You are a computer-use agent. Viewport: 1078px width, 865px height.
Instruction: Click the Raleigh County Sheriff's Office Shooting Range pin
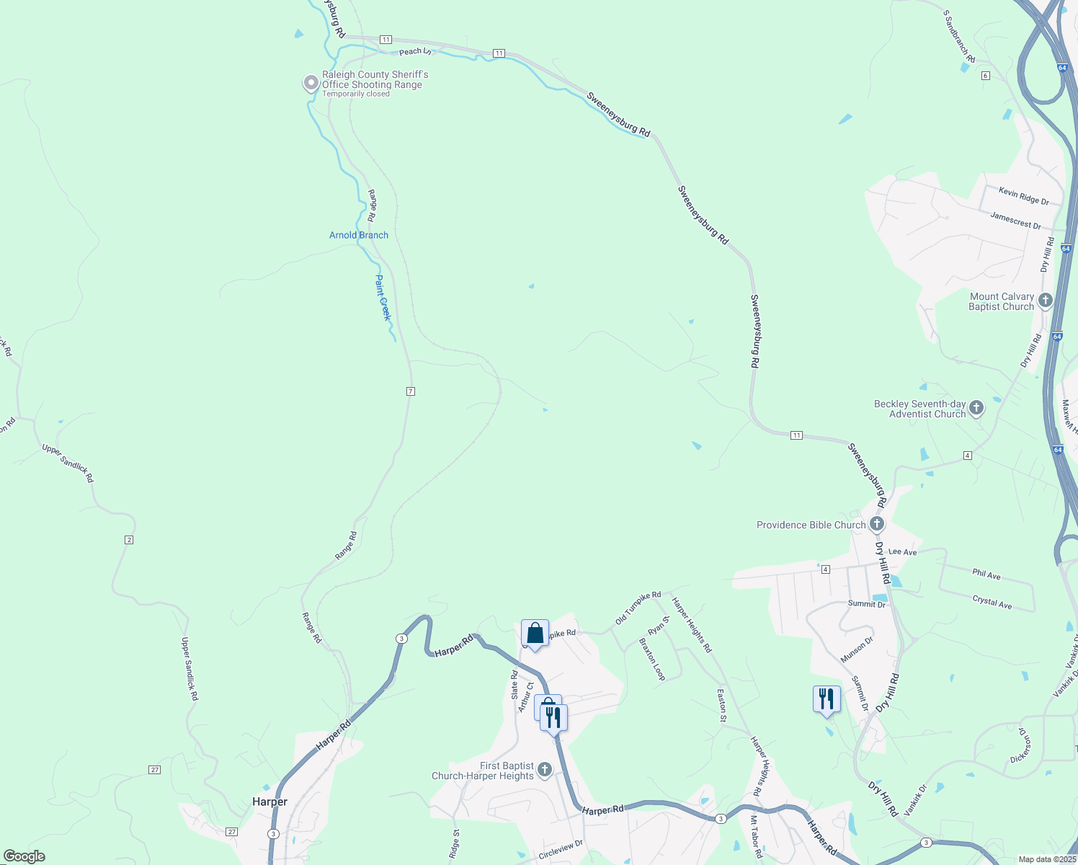pyautogui.click(x=311, y=83)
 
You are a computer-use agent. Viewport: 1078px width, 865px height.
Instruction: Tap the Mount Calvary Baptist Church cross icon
pyautogui.click(x=1046, y=300)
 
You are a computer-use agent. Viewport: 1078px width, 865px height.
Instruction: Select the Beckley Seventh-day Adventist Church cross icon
pyautogui.click(x=976, y=408)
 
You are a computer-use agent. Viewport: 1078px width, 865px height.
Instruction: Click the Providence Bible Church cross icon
pyautogui.click(x=877, y=524)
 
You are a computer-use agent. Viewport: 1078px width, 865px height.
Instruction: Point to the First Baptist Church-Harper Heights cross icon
pyautogui.click(x=545, y=770)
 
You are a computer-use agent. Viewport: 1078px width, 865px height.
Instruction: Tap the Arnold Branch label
pyautogui.click(x=359, y=235)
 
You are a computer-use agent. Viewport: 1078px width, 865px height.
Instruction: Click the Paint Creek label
pyautogui.click(x=383, y=297)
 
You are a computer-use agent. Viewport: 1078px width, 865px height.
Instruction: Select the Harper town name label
pyautogui.click(x=269, y=802)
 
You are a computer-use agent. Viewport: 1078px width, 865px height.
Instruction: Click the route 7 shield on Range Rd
pyautogui.click(x=411, y=391)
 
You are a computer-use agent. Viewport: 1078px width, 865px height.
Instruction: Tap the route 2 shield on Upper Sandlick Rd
pyautogui.click(x=129, y=540)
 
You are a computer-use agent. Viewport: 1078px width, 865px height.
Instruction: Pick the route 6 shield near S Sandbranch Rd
pyautogui.click(x=985, y=76)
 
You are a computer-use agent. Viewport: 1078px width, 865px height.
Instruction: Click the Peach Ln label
pyautogui.click(x=415, y=51)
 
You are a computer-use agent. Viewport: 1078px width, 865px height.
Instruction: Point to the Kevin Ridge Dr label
pyautogui.click(x=1024, y=195)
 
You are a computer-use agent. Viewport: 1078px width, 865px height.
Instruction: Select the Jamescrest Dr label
pyautogui.click(x=1015, y=221)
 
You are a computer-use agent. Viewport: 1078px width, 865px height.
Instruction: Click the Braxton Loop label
pyautogui.click(x=653, y=659)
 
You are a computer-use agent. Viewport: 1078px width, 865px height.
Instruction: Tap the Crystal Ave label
pyautogui.click(x=992, y=602)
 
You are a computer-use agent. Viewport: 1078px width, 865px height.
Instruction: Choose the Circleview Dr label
pyautogui.click(x=560, y=851)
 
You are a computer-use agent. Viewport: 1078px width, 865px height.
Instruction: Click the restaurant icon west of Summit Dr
pyautogui.click(x=826, y=699)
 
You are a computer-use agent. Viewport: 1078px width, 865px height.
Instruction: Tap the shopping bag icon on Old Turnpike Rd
pyautogui.click(x=535, y=634)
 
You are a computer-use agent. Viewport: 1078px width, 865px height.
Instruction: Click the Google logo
pyautogui.click(x=24, y=856)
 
